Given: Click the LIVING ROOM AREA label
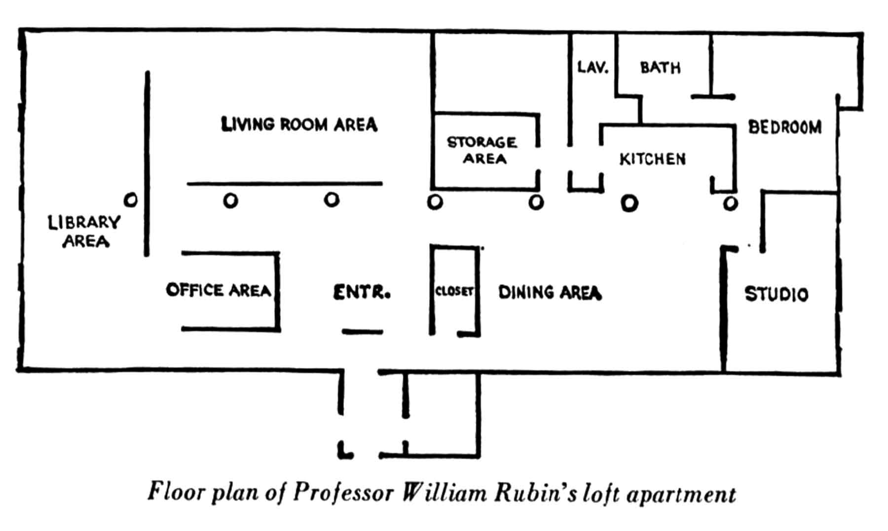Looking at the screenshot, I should [x=299, y=124].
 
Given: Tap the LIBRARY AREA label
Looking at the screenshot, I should [x=84, y=231].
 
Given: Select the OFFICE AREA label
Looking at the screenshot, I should [x=219, y=290].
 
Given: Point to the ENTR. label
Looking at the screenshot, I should [x=362, y=293].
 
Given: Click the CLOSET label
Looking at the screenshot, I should [x=454, y=291].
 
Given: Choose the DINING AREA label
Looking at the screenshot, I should [x=550, y=293].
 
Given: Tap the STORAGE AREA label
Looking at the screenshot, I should [x=482, y=151].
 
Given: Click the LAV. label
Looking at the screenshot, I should [x=592, y=67].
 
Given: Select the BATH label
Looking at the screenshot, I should [x=660, y=68].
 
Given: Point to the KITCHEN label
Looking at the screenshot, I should [x=652, y=159].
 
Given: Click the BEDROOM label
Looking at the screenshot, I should [x=785, y=127].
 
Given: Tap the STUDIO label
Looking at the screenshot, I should [x=776, y=295].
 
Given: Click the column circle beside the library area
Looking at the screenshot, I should [x=131, y=200].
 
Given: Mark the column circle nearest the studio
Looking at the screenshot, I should [x=731, y=203].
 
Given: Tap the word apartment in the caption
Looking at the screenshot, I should [x=681, y=494].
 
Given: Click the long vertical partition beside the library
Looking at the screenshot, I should [x=147, y=163].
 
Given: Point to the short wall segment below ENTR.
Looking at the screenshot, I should [x=363, y=332].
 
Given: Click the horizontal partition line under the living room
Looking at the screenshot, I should [x=285, y=184].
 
